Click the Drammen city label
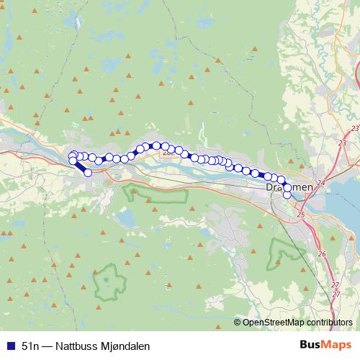289,186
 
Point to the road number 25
300,215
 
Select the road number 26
322,253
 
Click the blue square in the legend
10,346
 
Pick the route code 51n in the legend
30,346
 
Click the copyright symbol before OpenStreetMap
238,323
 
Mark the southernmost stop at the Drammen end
287,194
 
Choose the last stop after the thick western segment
88,173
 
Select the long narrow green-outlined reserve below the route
155,193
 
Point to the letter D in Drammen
269,186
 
